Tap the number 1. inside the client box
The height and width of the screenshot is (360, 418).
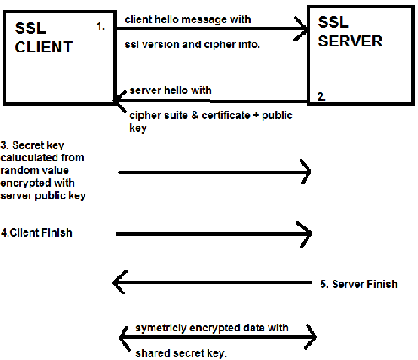(100, 26)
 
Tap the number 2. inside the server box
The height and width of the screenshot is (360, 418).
(322, 97)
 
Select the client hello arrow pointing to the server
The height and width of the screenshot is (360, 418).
(211, 31)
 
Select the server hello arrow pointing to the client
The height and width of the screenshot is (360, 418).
(211, 101)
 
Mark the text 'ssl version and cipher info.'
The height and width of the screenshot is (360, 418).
(192, 45)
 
